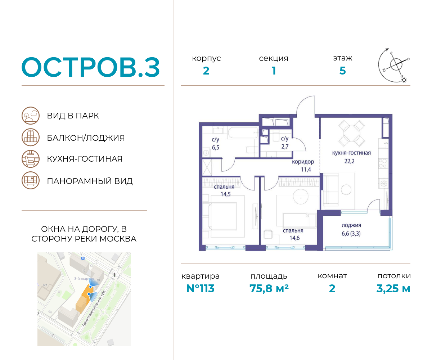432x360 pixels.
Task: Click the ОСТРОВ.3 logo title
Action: pyautogui.click(x=90, y=67)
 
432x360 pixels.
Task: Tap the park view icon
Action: pyautogui.click(x=30, y=116)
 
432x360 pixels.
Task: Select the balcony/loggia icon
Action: pyautogui.click(x=30, y=138)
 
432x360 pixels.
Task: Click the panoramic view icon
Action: pyautogui.click(x=30, y=180)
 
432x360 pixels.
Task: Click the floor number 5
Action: pyautogui.click(x=342, y=71)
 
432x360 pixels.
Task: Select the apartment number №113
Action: pyautogui.click(x=200, y=288)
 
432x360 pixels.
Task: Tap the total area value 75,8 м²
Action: pyautogui.click(x=269, y=288)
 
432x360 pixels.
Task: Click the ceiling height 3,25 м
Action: pyautogui.click(x=393, y=288)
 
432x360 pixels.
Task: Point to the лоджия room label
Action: pyautogui.click(x=351, y=225)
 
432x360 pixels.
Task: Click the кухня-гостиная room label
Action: pyautogui.click(x=351, y=153)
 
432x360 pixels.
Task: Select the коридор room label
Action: pyautogui.click(x=303, y=162)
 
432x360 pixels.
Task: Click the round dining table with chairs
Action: pyautogui.click(x=352, y=132)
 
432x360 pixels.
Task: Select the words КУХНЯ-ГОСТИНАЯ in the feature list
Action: pyautogui.click(x=85, y=159)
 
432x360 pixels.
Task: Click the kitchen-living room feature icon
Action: pyautogui.click(x=30, y=159)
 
